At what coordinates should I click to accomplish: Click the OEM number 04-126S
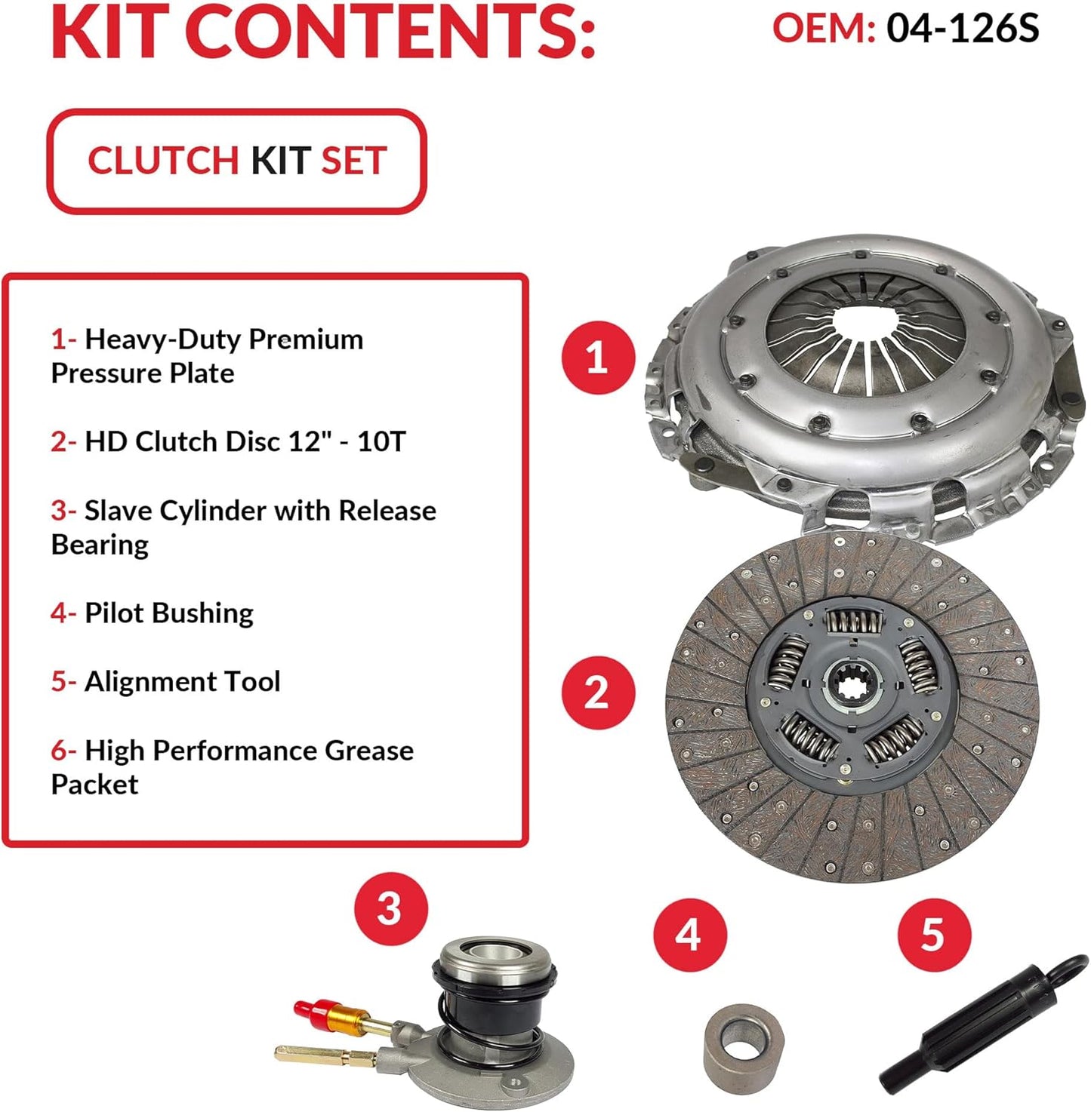[x=962, y=29]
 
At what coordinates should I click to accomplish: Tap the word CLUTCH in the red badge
[x=163, y=161]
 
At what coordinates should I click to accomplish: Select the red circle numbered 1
[x=597, y=357]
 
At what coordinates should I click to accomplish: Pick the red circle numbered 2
[x=597, y=692]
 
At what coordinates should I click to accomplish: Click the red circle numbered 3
[x=390, y=908]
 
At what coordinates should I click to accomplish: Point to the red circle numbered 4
[x=689, y=935]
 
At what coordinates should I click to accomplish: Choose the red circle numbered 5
[x=933, y=935]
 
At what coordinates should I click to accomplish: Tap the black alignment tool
[x=982, y=1026]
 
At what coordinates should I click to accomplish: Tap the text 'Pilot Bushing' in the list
[x=169, y=613]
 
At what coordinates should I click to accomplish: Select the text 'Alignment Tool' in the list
[x=182, y=681]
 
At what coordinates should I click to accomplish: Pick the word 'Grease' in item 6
[x=369, y=751]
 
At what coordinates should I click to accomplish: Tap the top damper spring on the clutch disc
[x=852, y=622]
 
